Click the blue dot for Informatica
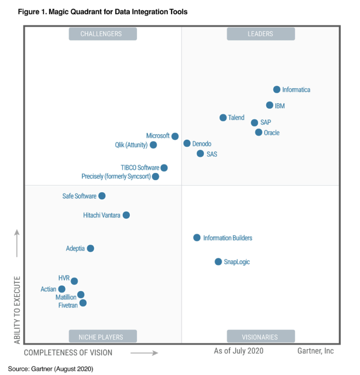[x=277, y=90]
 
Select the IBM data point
[x=270, y=105]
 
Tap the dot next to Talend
[x=223, y=118]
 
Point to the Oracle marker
[x=259, y=133]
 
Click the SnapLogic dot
[x=218, y=262]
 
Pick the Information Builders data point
[x=197, y=238]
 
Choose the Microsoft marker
[x=175, y=136]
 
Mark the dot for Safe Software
[x=102, y=196]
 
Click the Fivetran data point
[x=83, y=303]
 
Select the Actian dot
[x=62, y=289]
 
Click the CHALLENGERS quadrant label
[x=103, y=34]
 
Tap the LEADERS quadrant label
[x=261, y=34]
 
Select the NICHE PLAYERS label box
[x=103, y=337]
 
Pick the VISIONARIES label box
[x=261, y=337]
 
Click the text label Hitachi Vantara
[x=102, y=215]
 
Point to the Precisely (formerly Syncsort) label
[x=115, y=177]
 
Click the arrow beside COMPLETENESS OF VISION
[x=144, y=352]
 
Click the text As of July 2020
[x=239, y=351]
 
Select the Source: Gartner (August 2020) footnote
[x=51, y=369]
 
